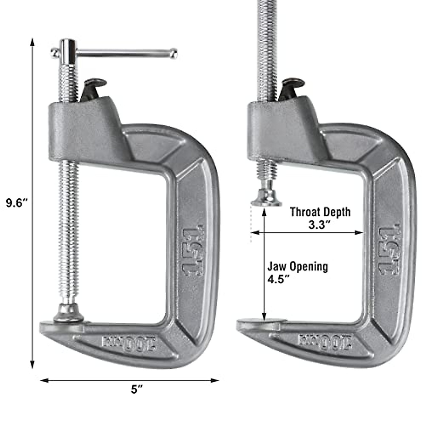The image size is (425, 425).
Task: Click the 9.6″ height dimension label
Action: [17, 203]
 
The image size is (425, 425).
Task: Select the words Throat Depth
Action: [320, 212]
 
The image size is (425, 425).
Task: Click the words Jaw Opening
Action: [297, 266]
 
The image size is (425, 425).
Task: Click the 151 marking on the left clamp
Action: [193, 250]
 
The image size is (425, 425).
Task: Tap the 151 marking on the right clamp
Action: [390, 250]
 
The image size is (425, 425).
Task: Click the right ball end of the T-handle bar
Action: [173, 54]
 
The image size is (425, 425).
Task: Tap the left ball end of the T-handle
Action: [55, 53]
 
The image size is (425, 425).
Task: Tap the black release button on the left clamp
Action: [93, 87]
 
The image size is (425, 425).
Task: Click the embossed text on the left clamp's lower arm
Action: [129, 343]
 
